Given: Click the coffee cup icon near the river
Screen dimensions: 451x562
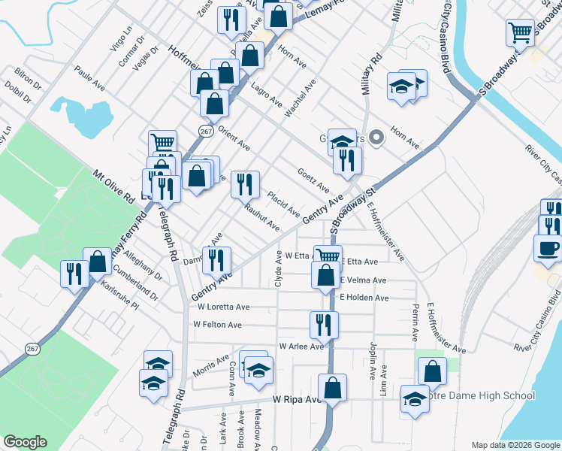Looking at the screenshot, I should (x=548, y=247).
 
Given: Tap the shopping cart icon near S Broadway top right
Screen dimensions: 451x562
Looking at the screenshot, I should (x=519, y=32).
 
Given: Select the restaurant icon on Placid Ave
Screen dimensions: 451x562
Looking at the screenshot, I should (x=245, y=183).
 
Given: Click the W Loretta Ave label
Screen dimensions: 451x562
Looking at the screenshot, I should (x=223, y=307).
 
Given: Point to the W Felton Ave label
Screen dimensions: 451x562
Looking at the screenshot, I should (x=217, y=325).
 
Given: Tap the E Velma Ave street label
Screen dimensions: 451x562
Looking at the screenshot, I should (x=363, y=280).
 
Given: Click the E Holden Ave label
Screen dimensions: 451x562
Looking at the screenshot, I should (x=364, y=298).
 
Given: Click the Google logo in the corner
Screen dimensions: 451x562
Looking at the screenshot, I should (x=25, y=442).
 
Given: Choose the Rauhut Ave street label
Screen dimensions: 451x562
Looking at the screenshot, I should (x=261, y=219).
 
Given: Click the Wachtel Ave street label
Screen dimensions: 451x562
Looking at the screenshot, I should (x=299, y=98).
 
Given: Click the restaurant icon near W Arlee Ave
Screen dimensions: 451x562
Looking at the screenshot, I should (x=324, y=325).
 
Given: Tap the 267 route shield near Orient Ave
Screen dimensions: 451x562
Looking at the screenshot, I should (x=206, y=131).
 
